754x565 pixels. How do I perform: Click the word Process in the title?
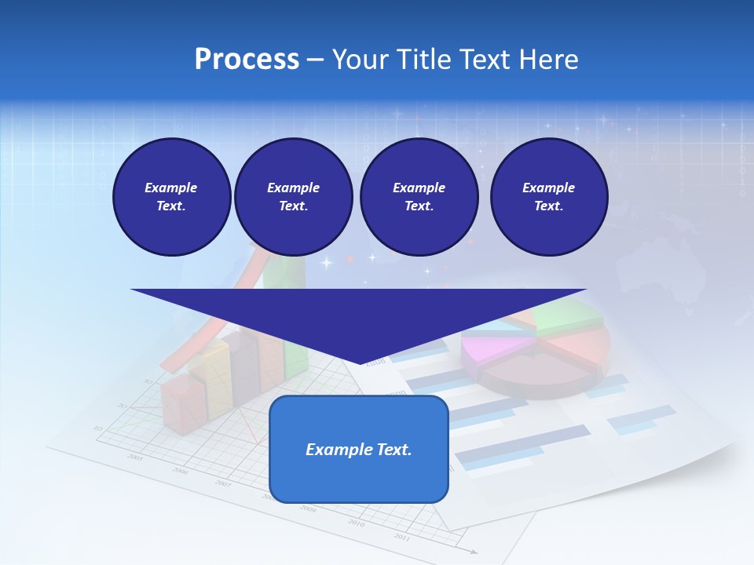[x=247, y=60]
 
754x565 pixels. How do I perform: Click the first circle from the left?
[x=171, y=197]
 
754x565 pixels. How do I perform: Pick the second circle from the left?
[x=293, y=197]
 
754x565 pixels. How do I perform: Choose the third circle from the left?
[x=419, y=197]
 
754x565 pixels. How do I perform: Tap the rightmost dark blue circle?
[x=548, y=197]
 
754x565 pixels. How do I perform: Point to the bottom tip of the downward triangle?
[x=361, y=363]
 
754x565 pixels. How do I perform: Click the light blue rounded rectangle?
[x=358, y=479]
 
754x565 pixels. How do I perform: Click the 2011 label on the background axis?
[x=401, y=537]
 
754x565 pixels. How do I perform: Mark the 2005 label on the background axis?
[x=135, y=457]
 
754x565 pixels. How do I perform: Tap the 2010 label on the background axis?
[x=356, y=523]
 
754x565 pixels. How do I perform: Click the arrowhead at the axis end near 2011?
[x=474, y=552]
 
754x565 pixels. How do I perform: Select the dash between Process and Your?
[x=316, y=60]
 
